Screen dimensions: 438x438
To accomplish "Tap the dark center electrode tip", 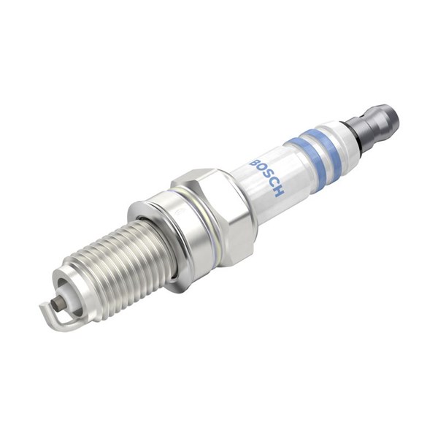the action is point(56,303).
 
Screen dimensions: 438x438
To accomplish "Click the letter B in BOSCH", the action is point(255,164).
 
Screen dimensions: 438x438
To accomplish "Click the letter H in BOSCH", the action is point(278,191).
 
